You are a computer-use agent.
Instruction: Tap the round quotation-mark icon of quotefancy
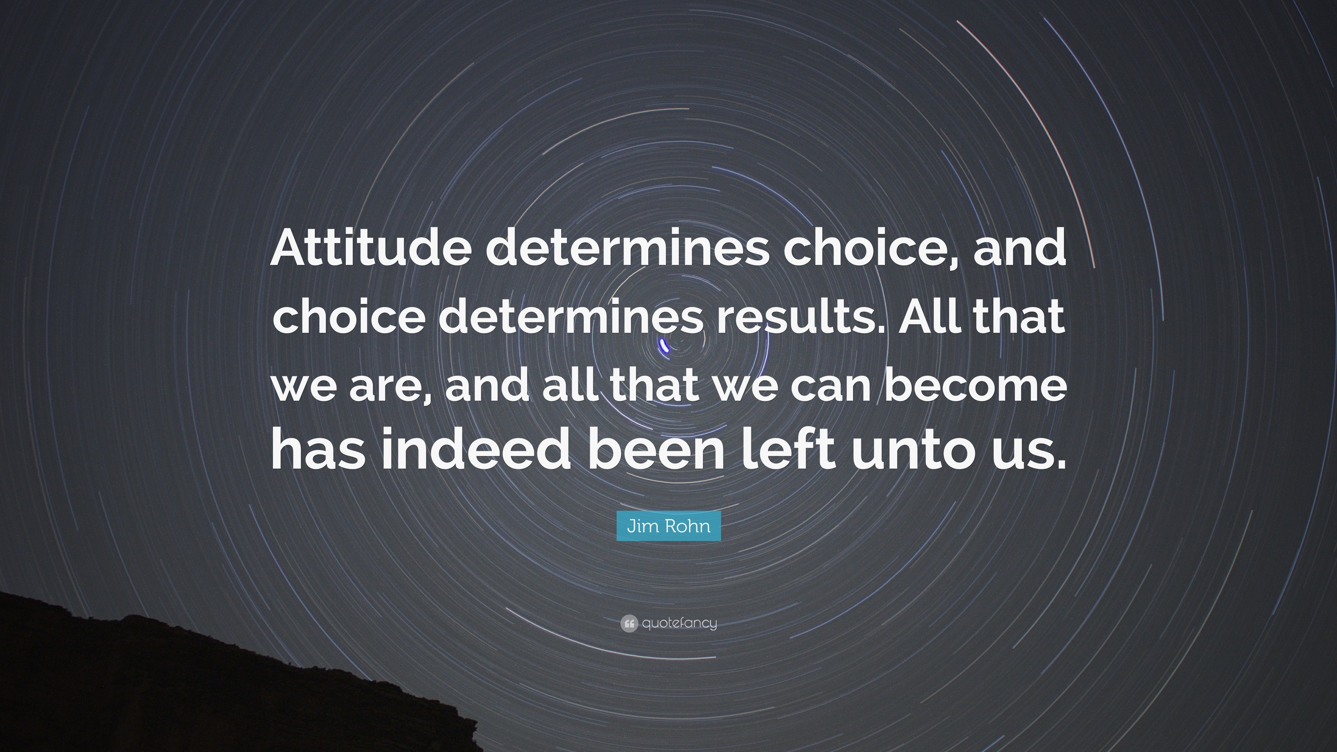pos(628,623)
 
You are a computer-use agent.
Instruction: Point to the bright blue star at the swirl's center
pos(664,345)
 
